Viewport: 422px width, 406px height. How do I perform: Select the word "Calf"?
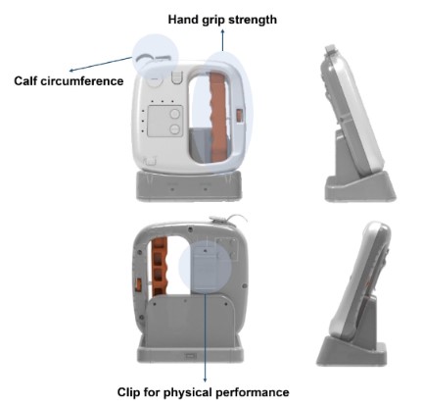(x=25, y=80)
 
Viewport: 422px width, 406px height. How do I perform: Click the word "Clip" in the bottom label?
(x=128, y=392)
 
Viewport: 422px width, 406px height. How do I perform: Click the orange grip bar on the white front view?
(x=218, y=117)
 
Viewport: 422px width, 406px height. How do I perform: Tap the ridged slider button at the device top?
(x=176, y=77)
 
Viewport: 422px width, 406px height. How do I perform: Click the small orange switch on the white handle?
(x=240, y=116)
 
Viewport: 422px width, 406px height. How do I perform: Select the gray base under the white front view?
(x=189, y=185)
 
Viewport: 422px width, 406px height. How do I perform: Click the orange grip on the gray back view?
(x=160, y=267)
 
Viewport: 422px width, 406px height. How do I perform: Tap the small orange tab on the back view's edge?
(x=138, y=284)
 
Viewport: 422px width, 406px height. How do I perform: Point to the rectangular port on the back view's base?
(x=190, y=356)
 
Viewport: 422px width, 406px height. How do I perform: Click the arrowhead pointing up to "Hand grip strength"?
(x=222, y=31)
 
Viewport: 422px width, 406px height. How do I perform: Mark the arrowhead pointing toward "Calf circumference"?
(x=71, y=71)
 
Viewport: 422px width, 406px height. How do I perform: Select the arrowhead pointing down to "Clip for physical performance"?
(x=205, y=380)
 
